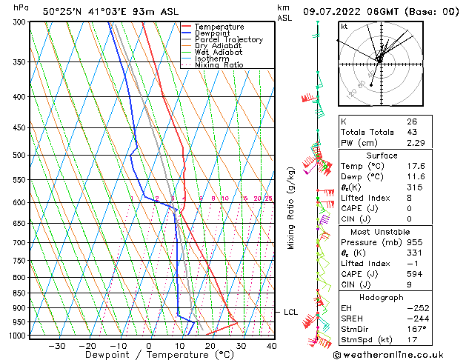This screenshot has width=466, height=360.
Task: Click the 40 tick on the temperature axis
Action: pos(271,346)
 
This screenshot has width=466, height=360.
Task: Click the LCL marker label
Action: pos(291,313)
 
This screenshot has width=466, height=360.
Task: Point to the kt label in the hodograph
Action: pos(344,27)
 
